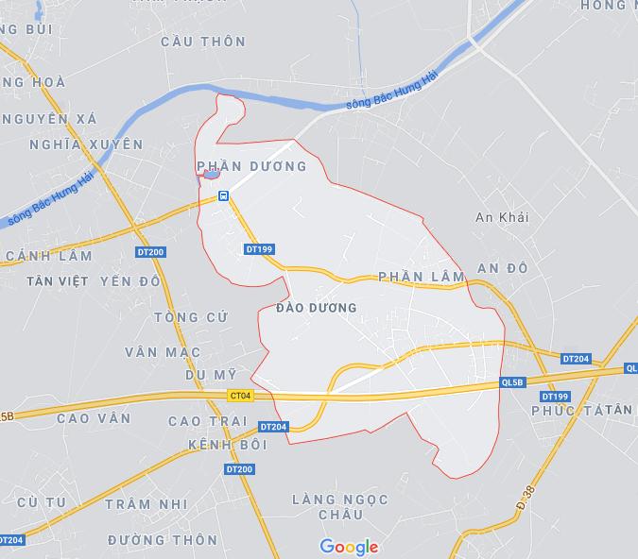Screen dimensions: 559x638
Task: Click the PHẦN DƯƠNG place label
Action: tap(252, 166)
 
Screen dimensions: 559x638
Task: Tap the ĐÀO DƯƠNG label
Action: tap(317, 308)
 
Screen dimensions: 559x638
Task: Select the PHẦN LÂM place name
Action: tap(421, 277)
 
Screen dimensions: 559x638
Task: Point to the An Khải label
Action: tap(502, 217)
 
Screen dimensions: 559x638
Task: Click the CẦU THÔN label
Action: tap(203, 42)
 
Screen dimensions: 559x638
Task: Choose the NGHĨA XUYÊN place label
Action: tap(86, 144)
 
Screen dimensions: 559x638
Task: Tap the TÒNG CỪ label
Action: tap(190, 317)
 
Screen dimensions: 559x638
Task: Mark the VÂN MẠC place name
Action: tap(163, 352)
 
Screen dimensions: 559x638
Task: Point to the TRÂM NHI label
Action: tap(141, 504)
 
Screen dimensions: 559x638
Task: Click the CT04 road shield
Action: tap(241, 397)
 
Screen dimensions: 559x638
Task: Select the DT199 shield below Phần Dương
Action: tap(258, 249)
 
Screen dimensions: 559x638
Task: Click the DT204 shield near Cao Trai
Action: tap(272, 427)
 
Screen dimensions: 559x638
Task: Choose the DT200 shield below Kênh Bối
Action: tap(239, 469)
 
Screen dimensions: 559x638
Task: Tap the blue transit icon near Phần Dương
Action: tap(223, 195)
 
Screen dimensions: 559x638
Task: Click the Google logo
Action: tap(349, 547)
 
